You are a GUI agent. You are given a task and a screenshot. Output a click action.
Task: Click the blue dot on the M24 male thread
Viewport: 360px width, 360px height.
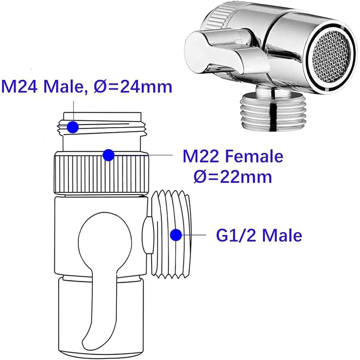(x=73, y=127)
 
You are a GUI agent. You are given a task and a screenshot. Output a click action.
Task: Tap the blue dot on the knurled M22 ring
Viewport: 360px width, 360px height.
(x=108, y=155)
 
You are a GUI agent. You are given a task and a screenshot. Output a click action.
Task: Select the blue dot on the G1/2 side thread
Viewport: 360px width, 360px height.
(x=175, y=234)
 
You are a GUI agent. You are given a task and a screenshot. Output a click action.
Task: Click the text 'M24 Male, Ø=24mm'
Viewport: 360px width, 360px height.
(x=87, y=85)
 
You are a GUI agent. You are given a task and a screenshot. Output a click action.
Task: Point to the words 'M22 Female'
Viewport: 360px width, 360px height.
(x=233, y=157)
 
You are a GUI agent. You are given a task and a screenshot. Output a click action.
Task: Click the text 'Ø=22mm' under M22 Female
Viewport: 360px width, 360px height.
(x=233, y=176)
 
